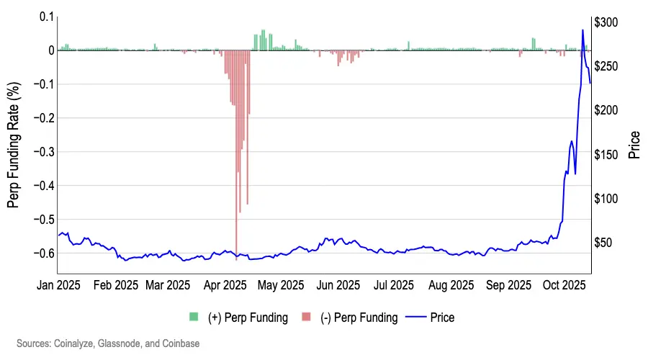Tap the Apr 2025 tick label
[226, 285]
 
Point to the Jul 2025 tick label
[393, 285]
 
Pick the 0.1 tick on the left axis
[48, 17]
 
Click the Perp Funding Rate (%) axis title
[14, 145]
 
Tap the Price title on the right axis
[634, 145]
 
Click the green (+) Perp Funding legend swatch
[194, 317]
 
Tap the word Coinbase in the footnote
[181, 344]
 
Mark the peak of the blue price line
[582, 30]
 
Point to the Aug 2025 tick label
[451, 285]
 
